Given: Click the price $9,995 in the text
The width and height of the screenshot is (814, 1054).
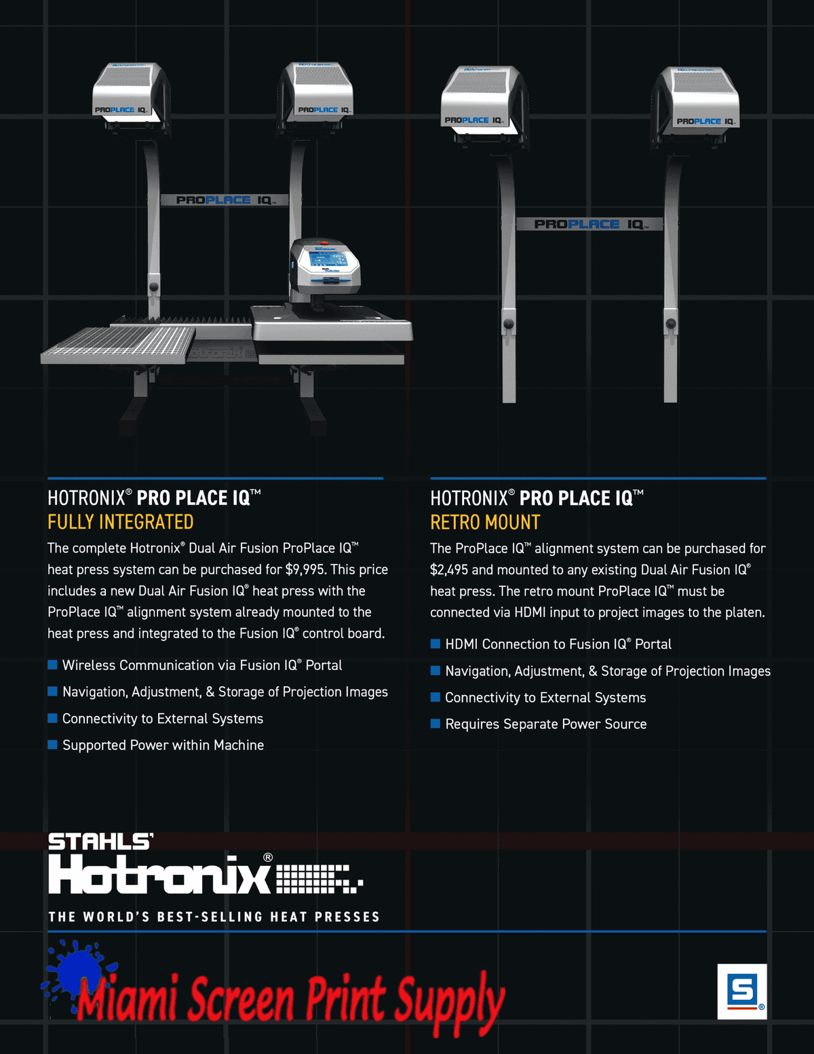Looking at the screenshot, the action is click(x=304, y=569).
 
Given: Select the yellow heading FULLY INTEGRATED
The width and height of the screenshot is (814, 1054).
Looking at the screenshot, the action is click(x=121, y=523).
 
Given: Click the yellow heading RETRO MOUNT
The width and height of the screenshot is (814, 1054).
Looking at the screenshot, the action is click(x=485, y=523).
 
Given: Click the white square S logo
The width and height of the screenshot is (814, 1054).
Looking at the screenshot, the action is click(x=742, y=992).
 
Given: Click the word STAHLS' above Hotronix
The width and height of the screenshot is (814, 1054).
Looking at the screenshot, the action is click(x=101, y=842).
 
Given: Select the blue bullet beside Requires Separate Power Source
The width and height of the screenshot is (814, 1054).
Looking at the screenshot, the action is click(x=435, y=723).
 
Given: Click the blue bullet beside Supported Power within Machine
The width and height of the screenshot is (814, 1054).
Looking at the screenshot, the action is click(x=52, y=745).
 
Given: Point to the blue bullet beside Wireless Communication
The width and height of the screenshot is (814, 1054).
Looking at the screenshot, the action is click(x=52, y=664).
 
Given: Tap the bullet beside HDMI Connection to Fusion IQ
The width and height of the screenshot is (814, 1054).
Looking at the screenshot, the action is click(x=435, y=643).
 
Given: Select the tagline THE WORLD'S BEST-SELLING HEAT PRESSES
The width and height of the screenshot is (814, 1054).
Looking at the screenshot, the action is click(x=214, y=917).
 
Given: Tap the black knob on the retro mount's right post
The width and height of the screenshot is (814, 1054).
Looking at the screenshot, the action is click(x=670, y=323).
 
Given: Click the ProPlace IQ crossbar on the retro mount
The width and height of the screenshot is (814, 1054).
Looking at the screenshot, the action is click(x=589, y=224).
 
